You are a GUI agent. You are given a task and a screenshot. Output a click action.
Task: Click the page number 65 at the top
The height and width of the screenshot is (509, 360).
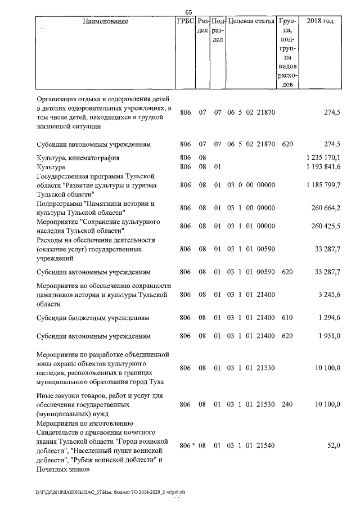pos(188,12)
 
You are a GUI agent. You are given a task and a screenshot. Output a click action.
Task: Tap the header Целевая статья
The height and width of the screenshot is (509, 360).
pos(251,21)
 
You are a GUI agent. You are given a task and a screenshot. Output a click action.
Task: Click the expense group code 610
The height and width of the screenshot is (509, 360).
pos(287,318)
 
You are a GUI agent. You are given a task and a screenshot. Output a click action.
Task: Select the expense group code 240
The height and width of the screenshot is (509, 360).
pos(287,404)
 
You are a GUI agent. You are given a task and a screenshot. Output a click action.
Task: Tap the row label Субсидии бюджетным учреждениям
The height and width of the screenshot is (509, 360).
pos(93,318)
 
